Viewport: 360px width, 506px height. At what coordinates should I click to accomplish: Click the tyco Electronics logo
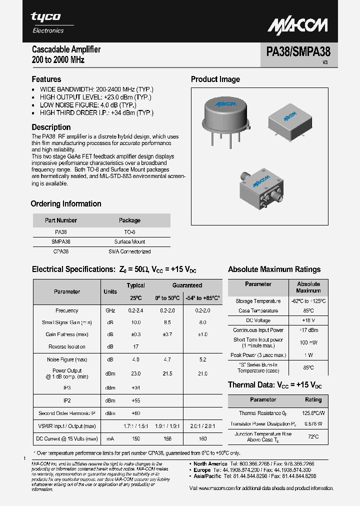coord(47,22)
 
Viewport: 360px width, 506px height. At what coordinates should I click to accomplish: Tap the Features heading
coord(46,79)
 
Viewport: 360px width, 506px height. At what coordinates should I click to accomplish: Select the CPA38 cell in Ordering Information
coord(60,251)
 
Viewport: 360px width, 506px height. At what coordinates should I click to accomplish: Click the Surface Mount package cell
coord(129,241)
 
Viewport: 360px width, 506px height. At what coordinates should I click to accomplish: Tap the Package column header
coord(129,220)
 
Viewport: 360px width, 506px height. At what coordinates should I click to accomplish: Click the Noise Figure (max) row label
coord(67,359)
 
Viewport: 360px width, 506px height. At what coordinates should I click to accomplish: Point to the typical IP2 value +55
coord(135,400)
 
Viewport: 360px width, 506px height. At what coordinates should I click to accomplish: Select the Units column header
coord(110,291)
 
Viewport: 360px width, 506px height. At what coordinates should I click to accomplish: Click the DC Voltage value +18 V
coord(308,320)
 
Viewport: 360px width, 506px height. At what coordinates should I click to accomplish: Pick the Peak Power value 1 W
coord(308,355)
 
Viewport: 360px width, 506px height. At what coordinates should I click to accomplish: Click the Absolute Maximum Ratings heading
coord(274,269)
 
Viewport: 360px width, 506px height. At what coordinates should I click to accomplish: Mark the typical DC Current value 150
coord(135,438)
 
